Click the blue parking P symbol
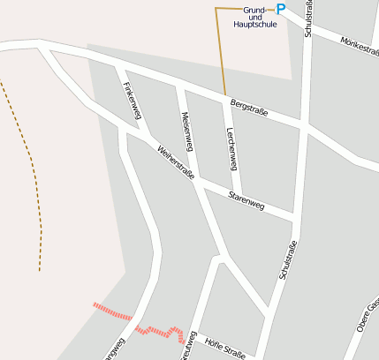(281, 9)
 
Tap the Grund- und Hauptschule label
(255, 17)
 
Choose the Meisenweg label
(187, 130)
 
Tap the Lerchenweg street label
(232, 145)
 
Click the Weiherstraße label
(175, 162)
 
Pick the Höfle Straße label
(224, 345)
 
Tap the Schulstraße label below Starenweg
(286, 260)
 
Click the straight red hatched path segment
(112, 311)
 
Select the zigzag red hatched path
(165, 333)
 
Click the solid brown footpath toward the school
(220, 53)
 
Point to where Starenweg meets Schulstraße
(292, 217)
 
